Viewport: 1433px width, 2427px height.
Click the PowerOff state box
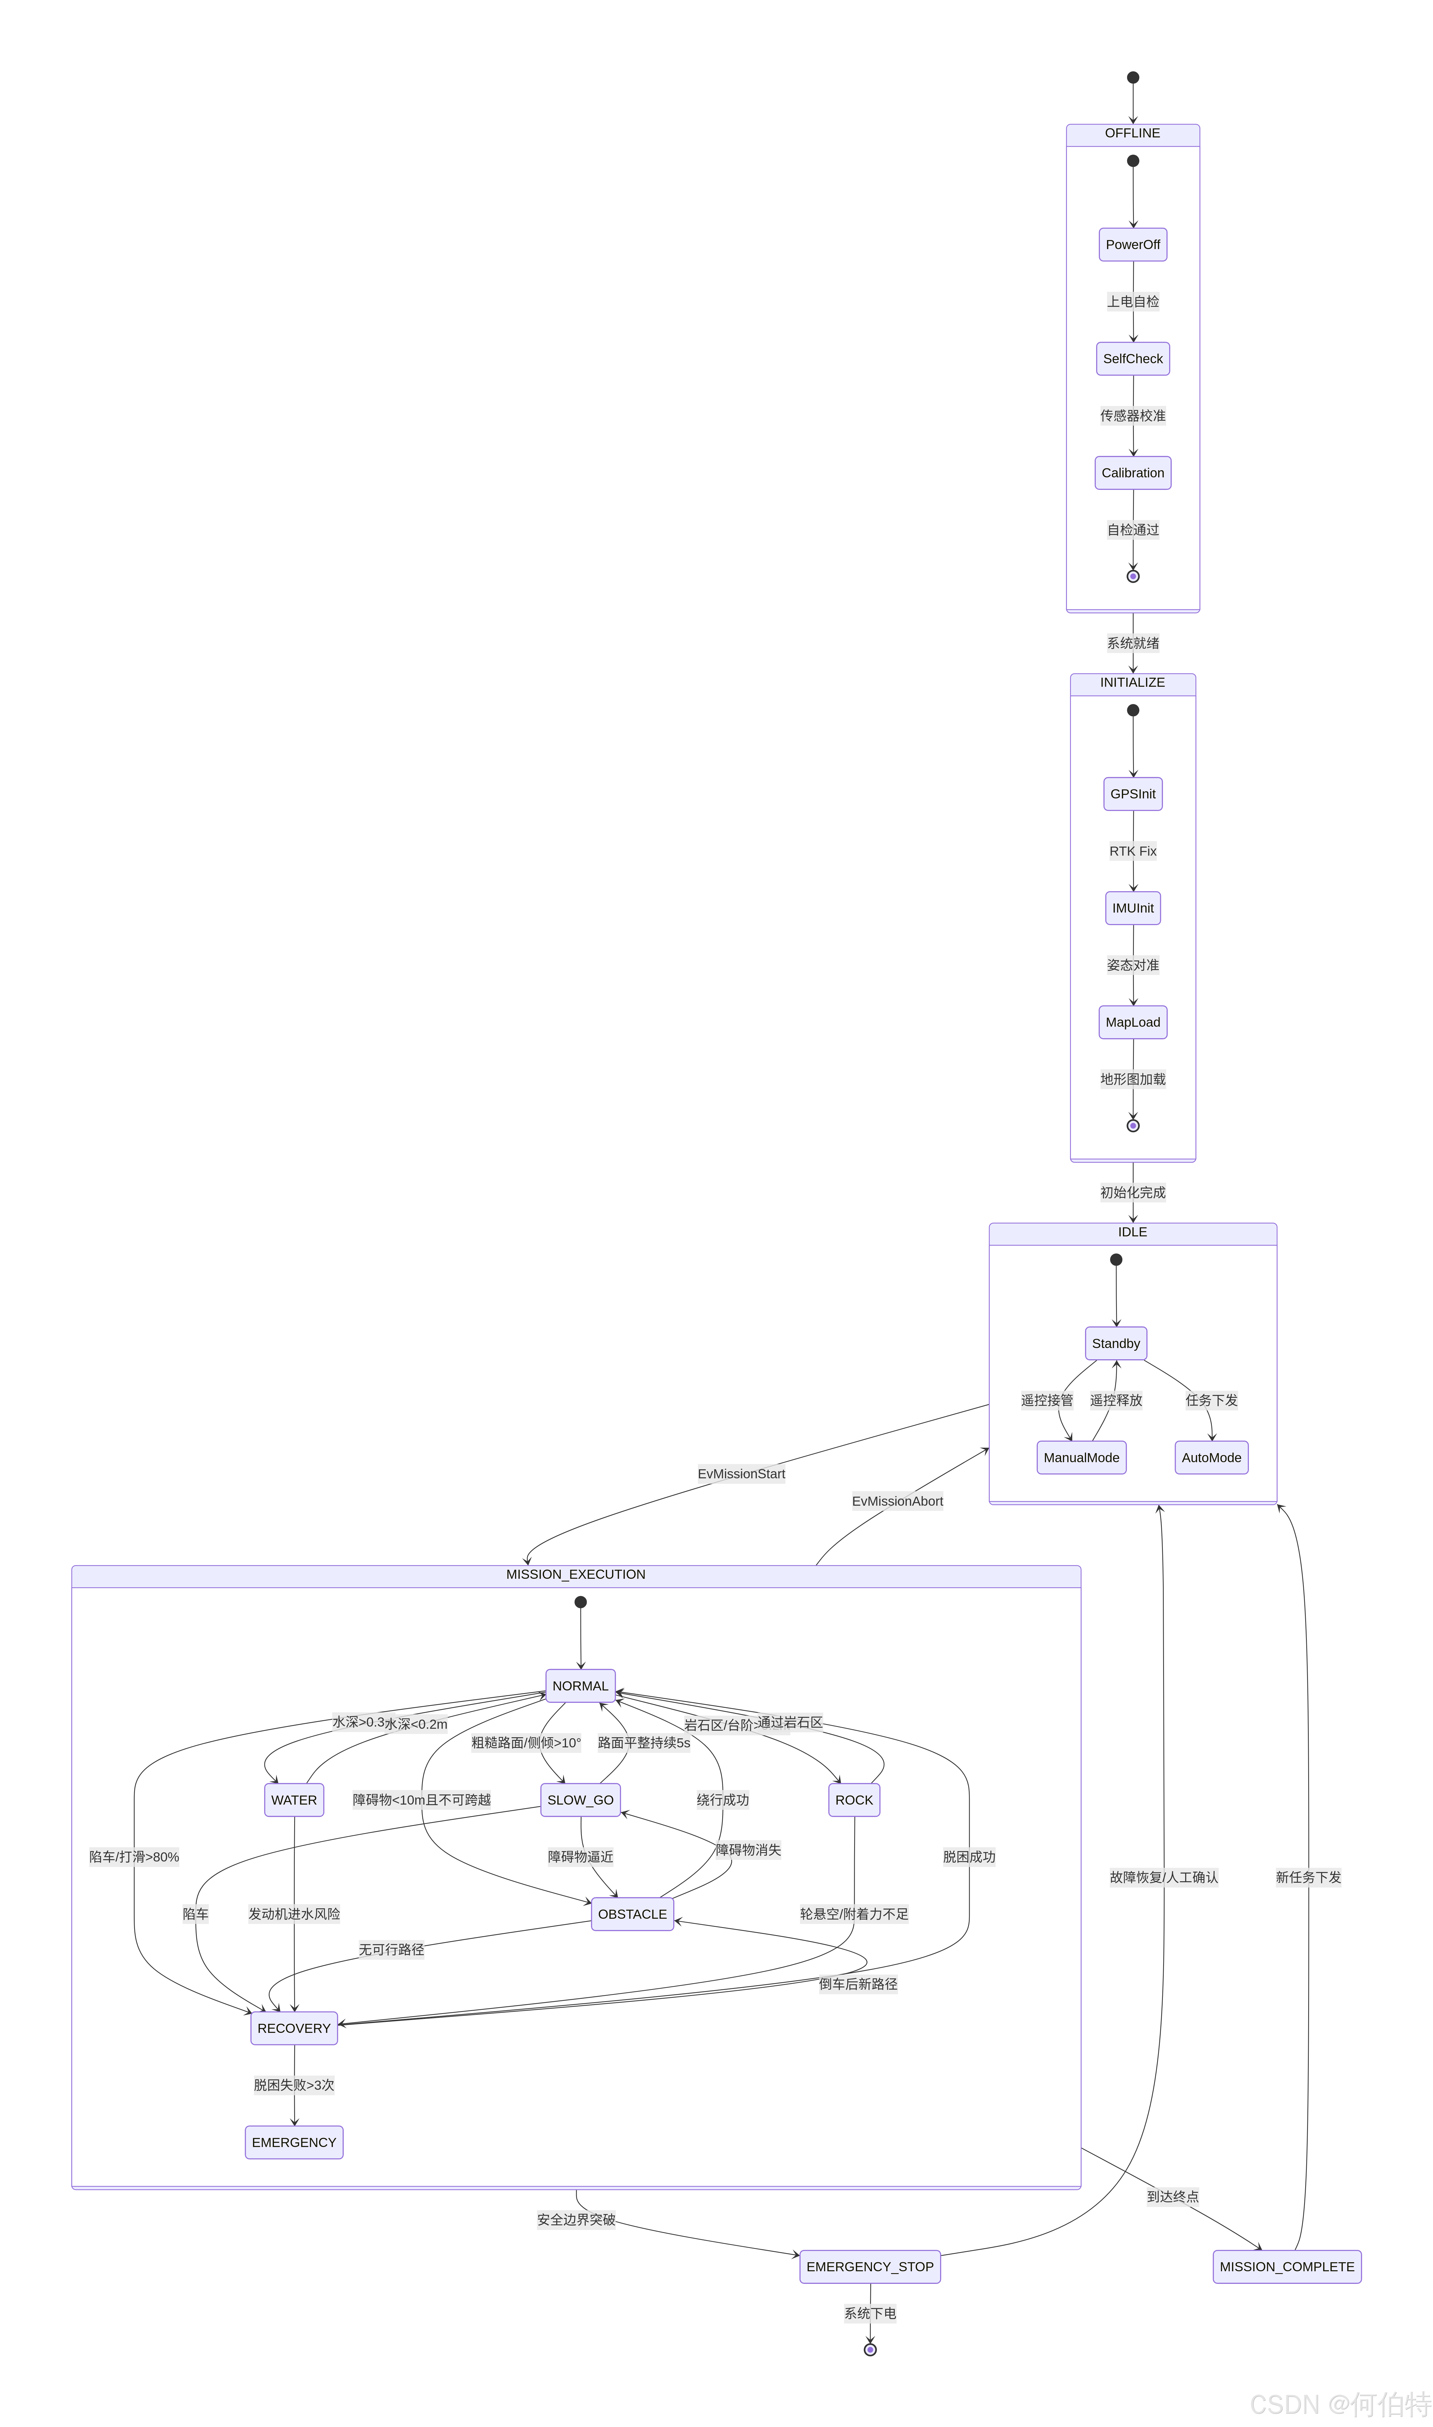(x=1133, y=244)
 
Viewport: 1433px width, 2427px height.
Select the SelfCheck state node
(x=1133, y=358)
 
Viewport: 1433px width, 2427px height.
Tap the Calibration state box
(x=1133, y=472)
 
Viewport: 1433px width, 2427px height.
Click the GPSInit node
(x=1133, y=794)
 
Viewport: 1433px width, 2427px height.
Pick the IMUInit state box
(x=1133, y=908)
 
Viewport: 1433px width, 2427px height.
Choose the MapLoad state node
(x=1133, y=1022)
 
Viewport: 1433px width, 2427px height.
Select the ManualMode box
(x=1082, y=1457)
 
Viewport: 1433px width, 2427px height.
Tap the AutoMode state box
(x=1211, y=1457)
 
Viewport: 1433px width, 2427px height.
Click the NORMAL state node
(x=580, y=1685)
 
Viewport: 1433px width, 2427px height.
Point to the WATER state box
(x=294, y=1799)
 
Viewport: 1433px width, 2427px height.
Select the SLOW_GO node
(x=580, y=1799)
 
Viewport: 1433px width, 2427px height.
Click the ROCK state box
(x=854, y=1799)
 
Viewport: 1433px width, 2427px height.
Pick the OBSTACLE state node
(x=632, y=1913)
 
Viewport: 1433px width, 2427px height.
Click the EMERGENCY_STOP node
(x=870, y=2266)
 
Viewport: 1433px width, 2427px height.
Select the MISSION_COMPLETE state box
(x=1286, y=2266)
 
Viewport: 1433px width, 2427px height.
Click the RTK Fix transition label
(x=1133, y=851)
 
